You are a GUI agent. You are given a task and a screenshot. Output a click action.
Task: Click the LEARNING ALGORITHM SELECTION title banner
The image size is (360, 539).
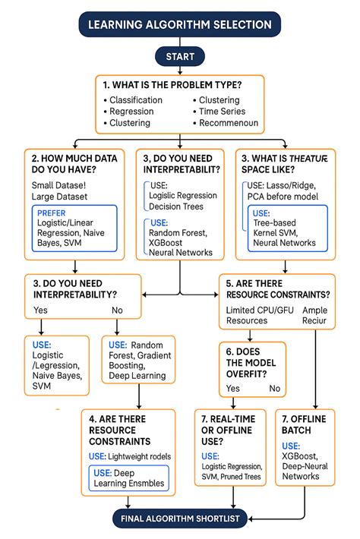click(x=179, y=24)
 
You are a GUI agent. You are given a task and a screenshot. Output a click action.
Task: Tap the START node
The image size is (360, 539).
click(x=179, y=56)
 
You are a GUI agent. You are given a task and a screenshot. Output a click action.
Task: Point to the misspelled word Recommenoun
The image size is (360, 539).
click(x=229, y=123)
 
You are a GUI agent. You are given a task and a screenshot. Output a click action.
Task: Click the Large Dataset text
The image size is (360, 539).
click(x=60, y=197)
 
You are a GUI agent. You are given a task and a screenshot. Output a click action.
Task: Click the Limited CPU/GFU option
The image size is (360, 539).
click(x=258, y=310)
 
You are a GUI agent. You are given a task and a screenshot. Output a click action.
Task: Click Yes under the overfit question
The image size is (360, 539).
click(x=233, y=388)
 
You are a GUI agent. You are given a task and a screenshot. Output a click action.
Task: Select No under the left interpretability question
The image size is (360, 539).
click(x=117, y=310)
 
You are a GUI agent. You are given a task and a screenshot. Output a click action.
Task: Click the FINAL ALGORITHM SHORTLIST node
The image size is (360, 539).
click(x=180, y=519)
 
